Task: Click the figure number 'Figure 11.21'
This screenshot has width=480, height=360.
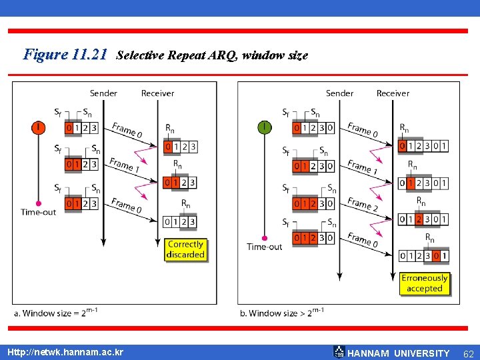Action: [65, 55]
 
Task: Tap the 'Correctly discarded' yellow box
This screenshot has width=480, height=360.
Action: [185, 249]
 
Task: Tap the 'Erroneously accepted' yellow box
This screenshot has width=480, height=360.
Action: [425, 283]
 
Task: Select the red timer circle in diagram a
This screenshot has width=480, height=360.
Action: [39, 127]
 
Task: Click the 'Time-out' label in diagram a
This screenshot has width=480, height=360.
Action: [39, 212]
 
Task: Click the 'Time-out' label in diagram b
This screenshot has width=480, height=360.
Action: [265, 247]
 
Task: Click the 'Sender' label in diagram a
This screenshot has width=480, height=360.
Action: [103, 93]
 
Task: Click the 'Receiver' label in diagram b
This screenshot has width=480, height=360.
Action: [393, 93]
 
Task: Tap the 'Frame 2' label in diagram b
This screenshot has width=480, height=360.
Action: [362, 205]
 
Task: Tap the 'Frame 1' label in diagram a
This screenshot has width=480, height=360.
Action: [124, 166]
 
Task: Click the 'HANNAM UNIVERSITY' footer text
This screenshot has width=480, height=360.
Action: [399, 353]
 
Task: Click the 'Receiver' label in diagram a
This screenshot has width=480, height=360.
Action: [157, 93]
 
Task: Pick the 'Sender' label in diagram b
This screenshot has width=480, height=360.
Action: [339, 93]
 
